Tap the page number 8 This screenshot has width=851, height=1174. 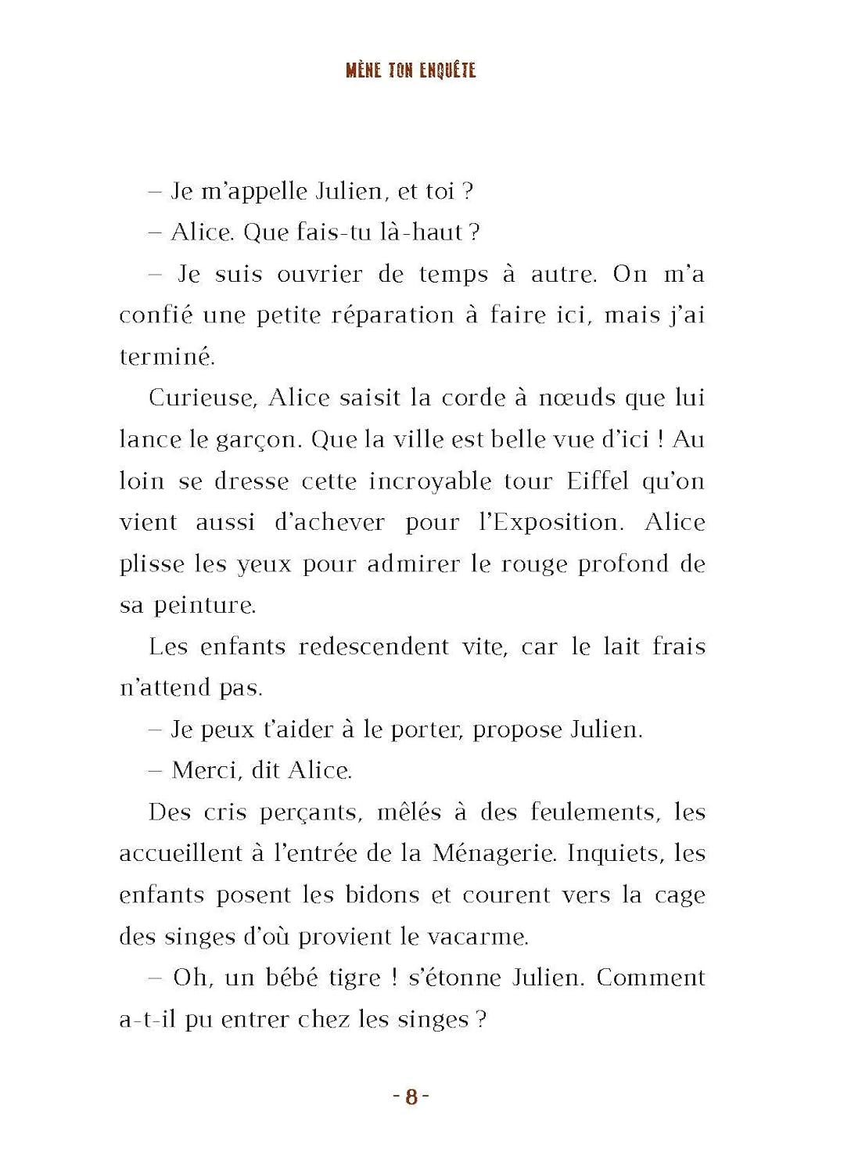(411, 1097)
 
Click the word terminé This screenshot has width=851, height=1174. (167, 357)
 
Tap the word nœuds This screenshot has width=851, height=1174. (577, 398)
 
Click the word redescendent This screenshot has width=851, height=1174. (374, 646)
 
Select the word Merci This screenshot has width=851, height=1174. (205, 770)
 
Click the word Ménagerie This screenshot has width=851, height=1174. (494, 853)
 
